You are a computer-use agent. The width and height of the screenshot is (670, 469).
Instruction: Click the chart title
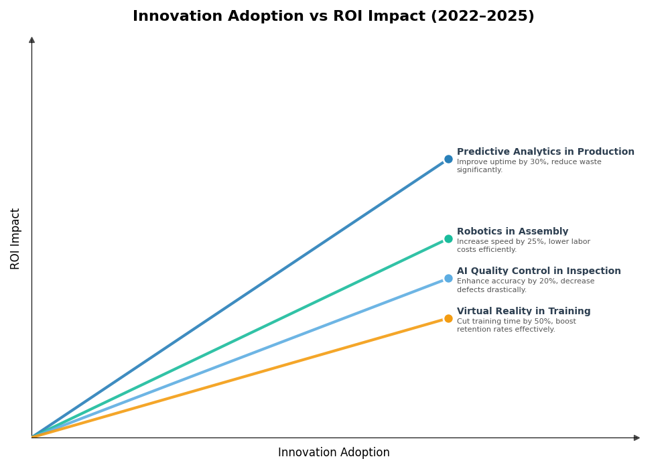(x=333, y=17)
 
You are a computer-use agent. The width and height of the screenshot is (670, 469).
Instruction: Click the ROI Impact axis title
(x=15, y=239)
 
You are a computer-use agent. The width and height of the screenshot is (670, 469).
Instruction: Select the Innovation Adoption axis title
(x=334, y=453)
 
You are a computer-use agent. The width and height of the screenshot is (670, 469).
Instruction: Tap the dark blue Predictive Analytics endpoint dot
(x=448, y=159)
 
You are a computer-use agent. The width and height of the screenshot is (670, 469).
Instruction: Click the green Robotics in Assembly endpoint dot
(x=448, y=239)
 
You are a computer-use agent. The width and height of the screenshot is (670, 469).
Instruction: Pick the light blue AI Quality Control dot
(x=448, y=279)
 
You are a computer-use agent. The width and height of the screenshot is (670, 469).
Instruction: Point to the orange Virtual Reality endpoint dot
(x=448, y=319)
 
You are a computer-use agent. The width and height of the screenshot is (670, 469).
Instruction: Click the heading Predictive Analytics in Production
(x=545, y=152)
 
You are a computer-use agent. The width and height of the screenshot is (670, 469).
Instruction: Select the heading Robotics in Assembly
(x=513, y=232)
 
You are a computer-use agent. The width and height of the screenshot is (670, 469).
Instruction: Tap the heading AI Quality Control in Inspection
(x=539, y=271)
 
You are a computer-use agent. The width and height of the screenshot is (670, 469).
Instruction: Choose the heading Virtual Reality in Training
(x=523, y=312)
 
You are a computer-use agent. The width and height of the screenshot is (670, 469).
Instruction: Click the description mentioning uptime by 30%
(x=529, y=166)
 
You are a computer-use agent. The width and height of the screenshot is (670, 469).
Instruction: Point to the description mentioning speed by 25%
(x=523, y=246)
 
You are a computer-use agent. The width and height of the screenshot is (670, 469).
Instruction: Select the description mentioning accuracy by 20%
(x=525, y=286)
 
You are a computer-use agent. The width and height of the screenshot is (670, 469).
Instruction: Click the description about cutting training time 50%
(x=516, y=326)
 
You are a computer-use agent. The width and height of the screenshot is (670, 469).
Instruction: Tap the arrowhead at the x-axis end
(x=636, y=438)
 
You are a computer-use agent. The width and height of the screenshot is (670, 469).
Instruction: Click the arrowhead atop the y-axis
(x=31, y=40)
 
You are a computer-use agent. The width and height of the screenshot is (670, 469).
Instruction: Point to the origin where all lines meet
(x=32, y=438)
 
